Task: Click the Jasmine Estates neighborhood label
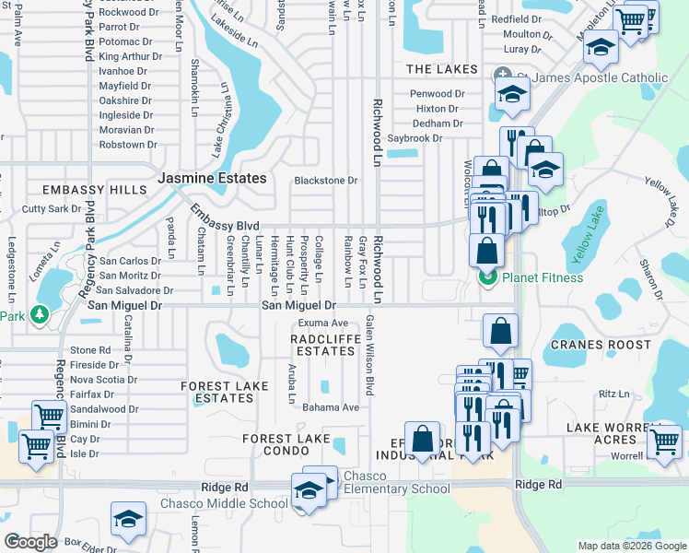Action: tap(212, 178)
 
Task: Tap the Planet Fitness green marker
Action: tap(486, 276)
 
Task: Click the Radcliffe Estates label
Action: tap(322, 345)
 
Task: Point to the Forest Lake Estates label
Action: tap(217, 392)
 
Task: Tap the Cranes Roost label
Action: tap(589, 345)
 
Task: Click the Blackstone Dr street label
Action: tap(325, 181)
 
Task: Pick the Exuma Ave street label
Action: tap(322, 324)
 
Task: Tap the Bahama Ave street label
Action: tap(331, 407)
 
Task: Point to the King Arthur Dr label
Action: tap(130, 57)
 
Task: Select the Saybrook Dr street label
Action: tap(415, 138)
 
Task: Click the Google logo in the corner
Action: tap(30, 542)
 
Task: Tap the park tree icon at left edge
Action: tap(39, 315)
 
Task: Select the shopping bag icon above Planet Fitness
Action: tap(486, 249)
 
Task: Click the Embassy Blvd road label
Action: tap(226, 218)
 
